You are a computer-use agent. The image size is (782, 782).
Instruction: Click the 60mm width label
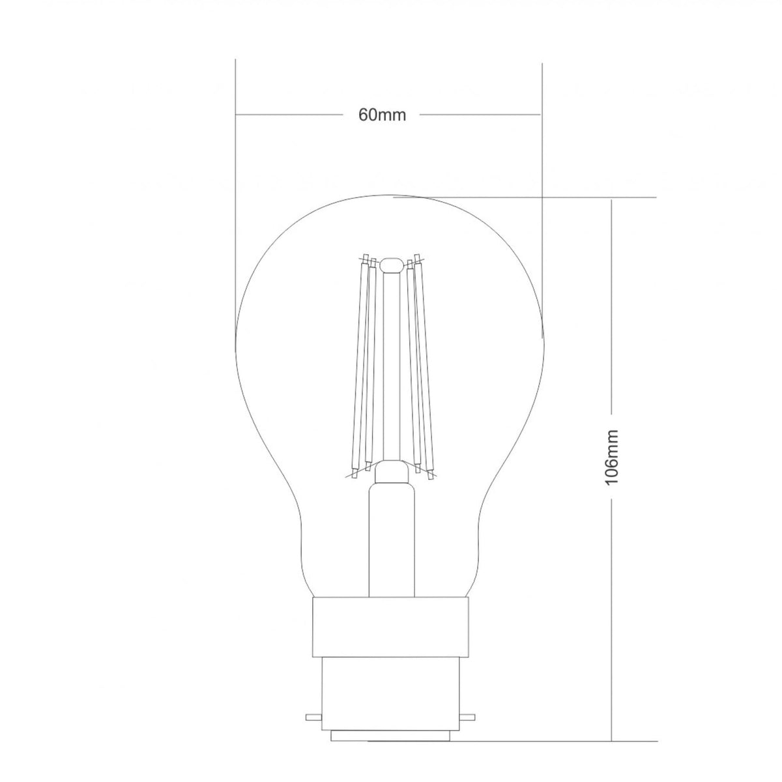[x=382, y=115]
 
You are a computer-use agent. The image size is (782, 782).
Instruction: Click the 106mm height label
[x=611, y=456]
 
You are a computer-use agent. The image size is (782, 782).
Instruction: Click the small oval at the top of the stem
[x=391, y=265]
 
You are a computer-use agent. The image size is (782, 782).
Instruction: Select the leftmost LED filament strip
[x=359, y=365]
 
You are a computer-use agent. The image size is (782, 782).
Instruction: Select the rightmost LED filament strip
[x=424, y=365]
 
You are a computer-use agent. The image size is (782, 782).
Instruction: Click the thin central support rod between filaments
[x=391, y=365]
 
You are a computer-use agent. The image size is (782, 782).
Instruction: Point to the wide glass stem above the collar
[x=391, y=534]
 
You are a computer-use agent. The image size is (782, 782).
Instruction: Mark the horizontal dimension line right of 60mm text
[x=479, y=115]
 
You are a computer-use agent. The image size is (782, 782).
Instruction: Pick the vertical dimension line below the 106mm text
[x=611, y=586]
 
